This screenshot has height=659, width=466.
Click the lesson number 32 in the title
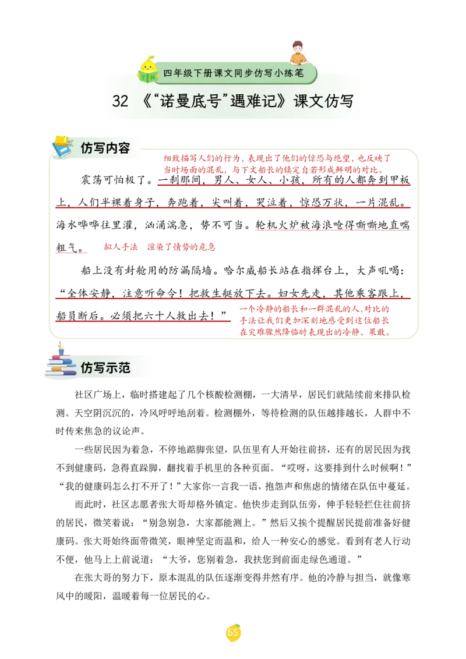tap(120, 101)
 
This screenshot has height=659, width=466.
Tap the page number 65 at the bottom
tap(232, 632)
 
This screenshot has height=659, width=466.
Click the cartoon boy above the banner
tap(298, 53)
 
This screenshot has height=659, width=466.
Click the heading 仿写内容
tap(105, 148)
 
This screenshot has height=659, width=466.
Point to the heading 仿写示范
tap(105, 368)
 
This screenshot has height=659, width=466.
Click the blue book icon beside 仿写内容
tap(62, 147)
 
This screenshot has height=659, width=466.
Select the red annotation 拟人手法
tap(121, 247)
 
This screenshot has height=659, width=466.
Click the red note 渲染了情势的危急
tap(181, 247)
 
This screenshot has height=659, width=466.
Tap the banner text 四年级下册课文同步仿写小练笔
tap(233, 73)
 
